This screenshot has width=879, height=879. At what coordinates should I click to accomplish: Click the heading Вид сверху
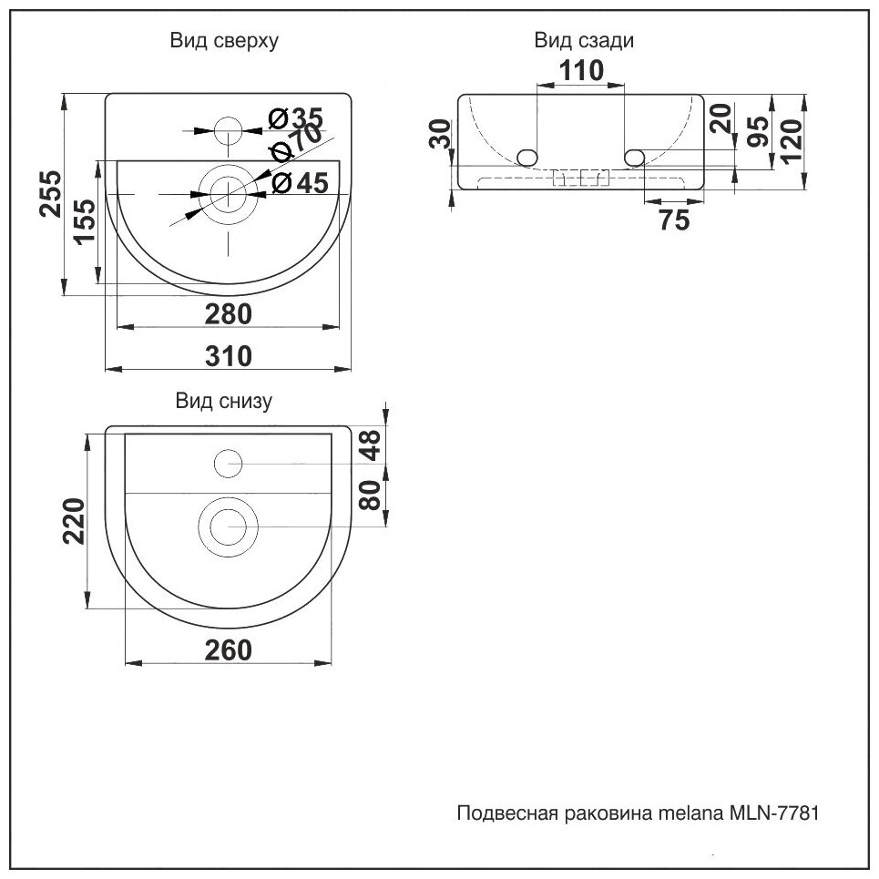click(x=223, y=41)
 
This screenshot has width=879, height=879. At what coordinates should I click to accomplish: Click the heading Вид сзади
click(x=583, y=41)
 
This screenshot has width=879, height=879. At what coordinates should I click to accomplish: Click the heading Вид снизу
click(x=223, y=401)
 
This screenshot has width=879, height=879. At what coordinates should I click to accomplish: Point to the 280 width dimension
click(x=227, y=313)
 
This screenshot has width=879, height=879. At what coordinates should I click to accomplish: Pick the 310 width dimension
click(x=227, y=356)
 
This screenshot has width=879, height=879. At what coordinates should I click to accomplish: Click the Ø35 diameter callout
click(x=296, y=117)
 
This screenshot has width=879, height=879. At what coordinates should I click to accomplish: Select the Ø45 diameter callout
click(x=300, y=183)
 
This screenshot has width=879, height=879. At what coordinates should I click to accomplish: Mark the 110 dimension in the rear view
click(x=583, y=70)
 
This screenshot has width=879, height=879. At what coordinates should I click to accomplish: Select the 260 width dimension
click(x=226, y=649)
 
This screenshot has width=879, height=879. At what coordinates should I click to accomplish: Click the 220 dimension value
click(x=75, y=521)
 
